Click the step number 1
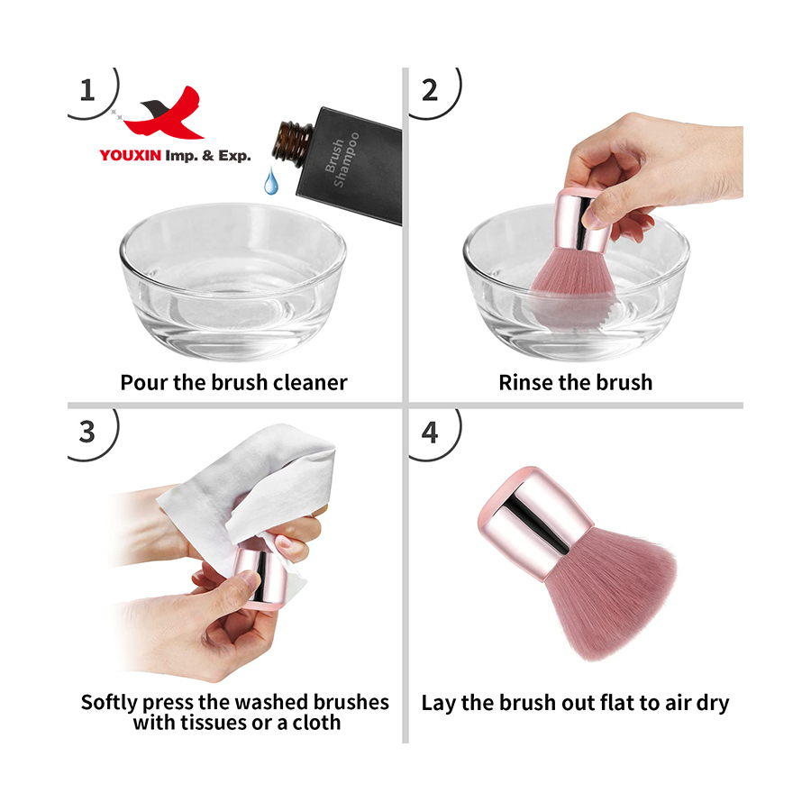tap(87, 90)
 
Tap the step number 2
tap(430, 90)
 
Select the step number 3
tap(87, 431)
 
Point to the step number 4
tap(430, 431)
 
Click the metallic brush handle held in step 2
tap(582, 221)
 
